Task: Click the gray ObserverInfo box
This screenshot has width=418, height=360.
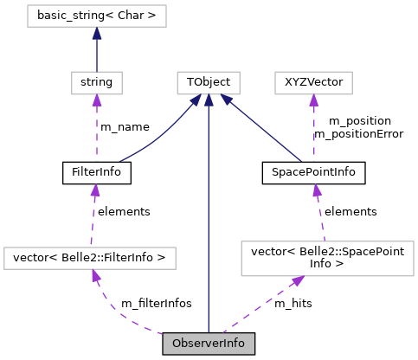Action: tap(209, 344)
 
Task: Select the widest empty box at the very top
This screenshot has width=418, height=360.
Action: tap(96, 16)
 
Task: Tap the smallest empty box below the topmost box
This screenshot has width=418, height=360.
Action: tap(96, 83)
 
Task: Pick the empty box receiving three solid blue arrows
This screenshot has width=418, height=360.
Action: tap(208, 83)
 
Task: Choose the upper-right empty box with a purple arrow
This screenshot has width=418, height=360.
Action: tap(313, 83)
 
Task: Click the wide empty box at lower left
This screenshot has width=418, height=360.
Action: tap(90, 258)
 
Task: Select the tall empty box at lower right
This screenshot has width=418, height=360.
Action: tap(327, 259)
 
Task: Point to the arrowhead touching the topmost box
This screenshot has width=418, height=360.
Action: tap(97, 34)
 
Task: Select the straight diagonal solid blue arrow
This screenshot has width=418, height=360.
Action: tap(264, 130)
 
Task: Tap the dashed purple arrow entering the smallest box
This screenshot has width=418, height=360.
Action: tap(97, 130)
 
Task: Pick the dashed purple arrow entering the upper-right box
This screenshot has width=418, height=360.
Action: tap(313, 130)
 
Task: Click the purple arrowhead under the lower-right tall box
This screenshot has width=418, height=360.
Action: tap(297, 281)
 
